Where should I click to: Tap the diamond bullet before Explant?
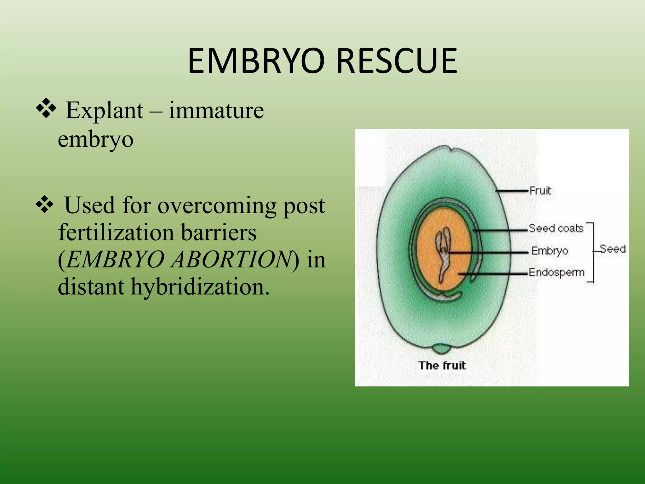pyautogui.click(x=46, y=108)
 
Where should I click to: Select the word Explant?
pyautogui.click(x=105, y=111)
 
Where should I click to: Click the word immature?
pyautogui.click(x=216, y=111)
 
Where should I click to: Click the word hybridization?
pyautogui.click(x=200, y=287)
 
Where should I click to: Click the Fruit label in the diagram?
pyautogui.click(x=540, y=191)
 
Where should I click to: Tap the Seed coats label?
pyautogui.click(x=556, y=228)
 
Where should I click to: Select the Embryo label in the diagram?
pyautogui.click(x=550, y=251)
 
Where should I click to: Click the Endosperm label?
pyautogui.click(x=556, y=272)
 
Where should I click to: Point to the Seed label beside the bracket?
pyautogui.click(x=613, y=249)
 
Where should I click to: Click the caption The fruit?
pyautogui.click(x=442, y=366)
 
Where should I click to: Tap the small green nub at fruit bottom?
pyautogui.click(x=442, y=349)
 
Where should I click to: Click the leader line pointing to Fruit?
pyautogui.click(x=512, y=191)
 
